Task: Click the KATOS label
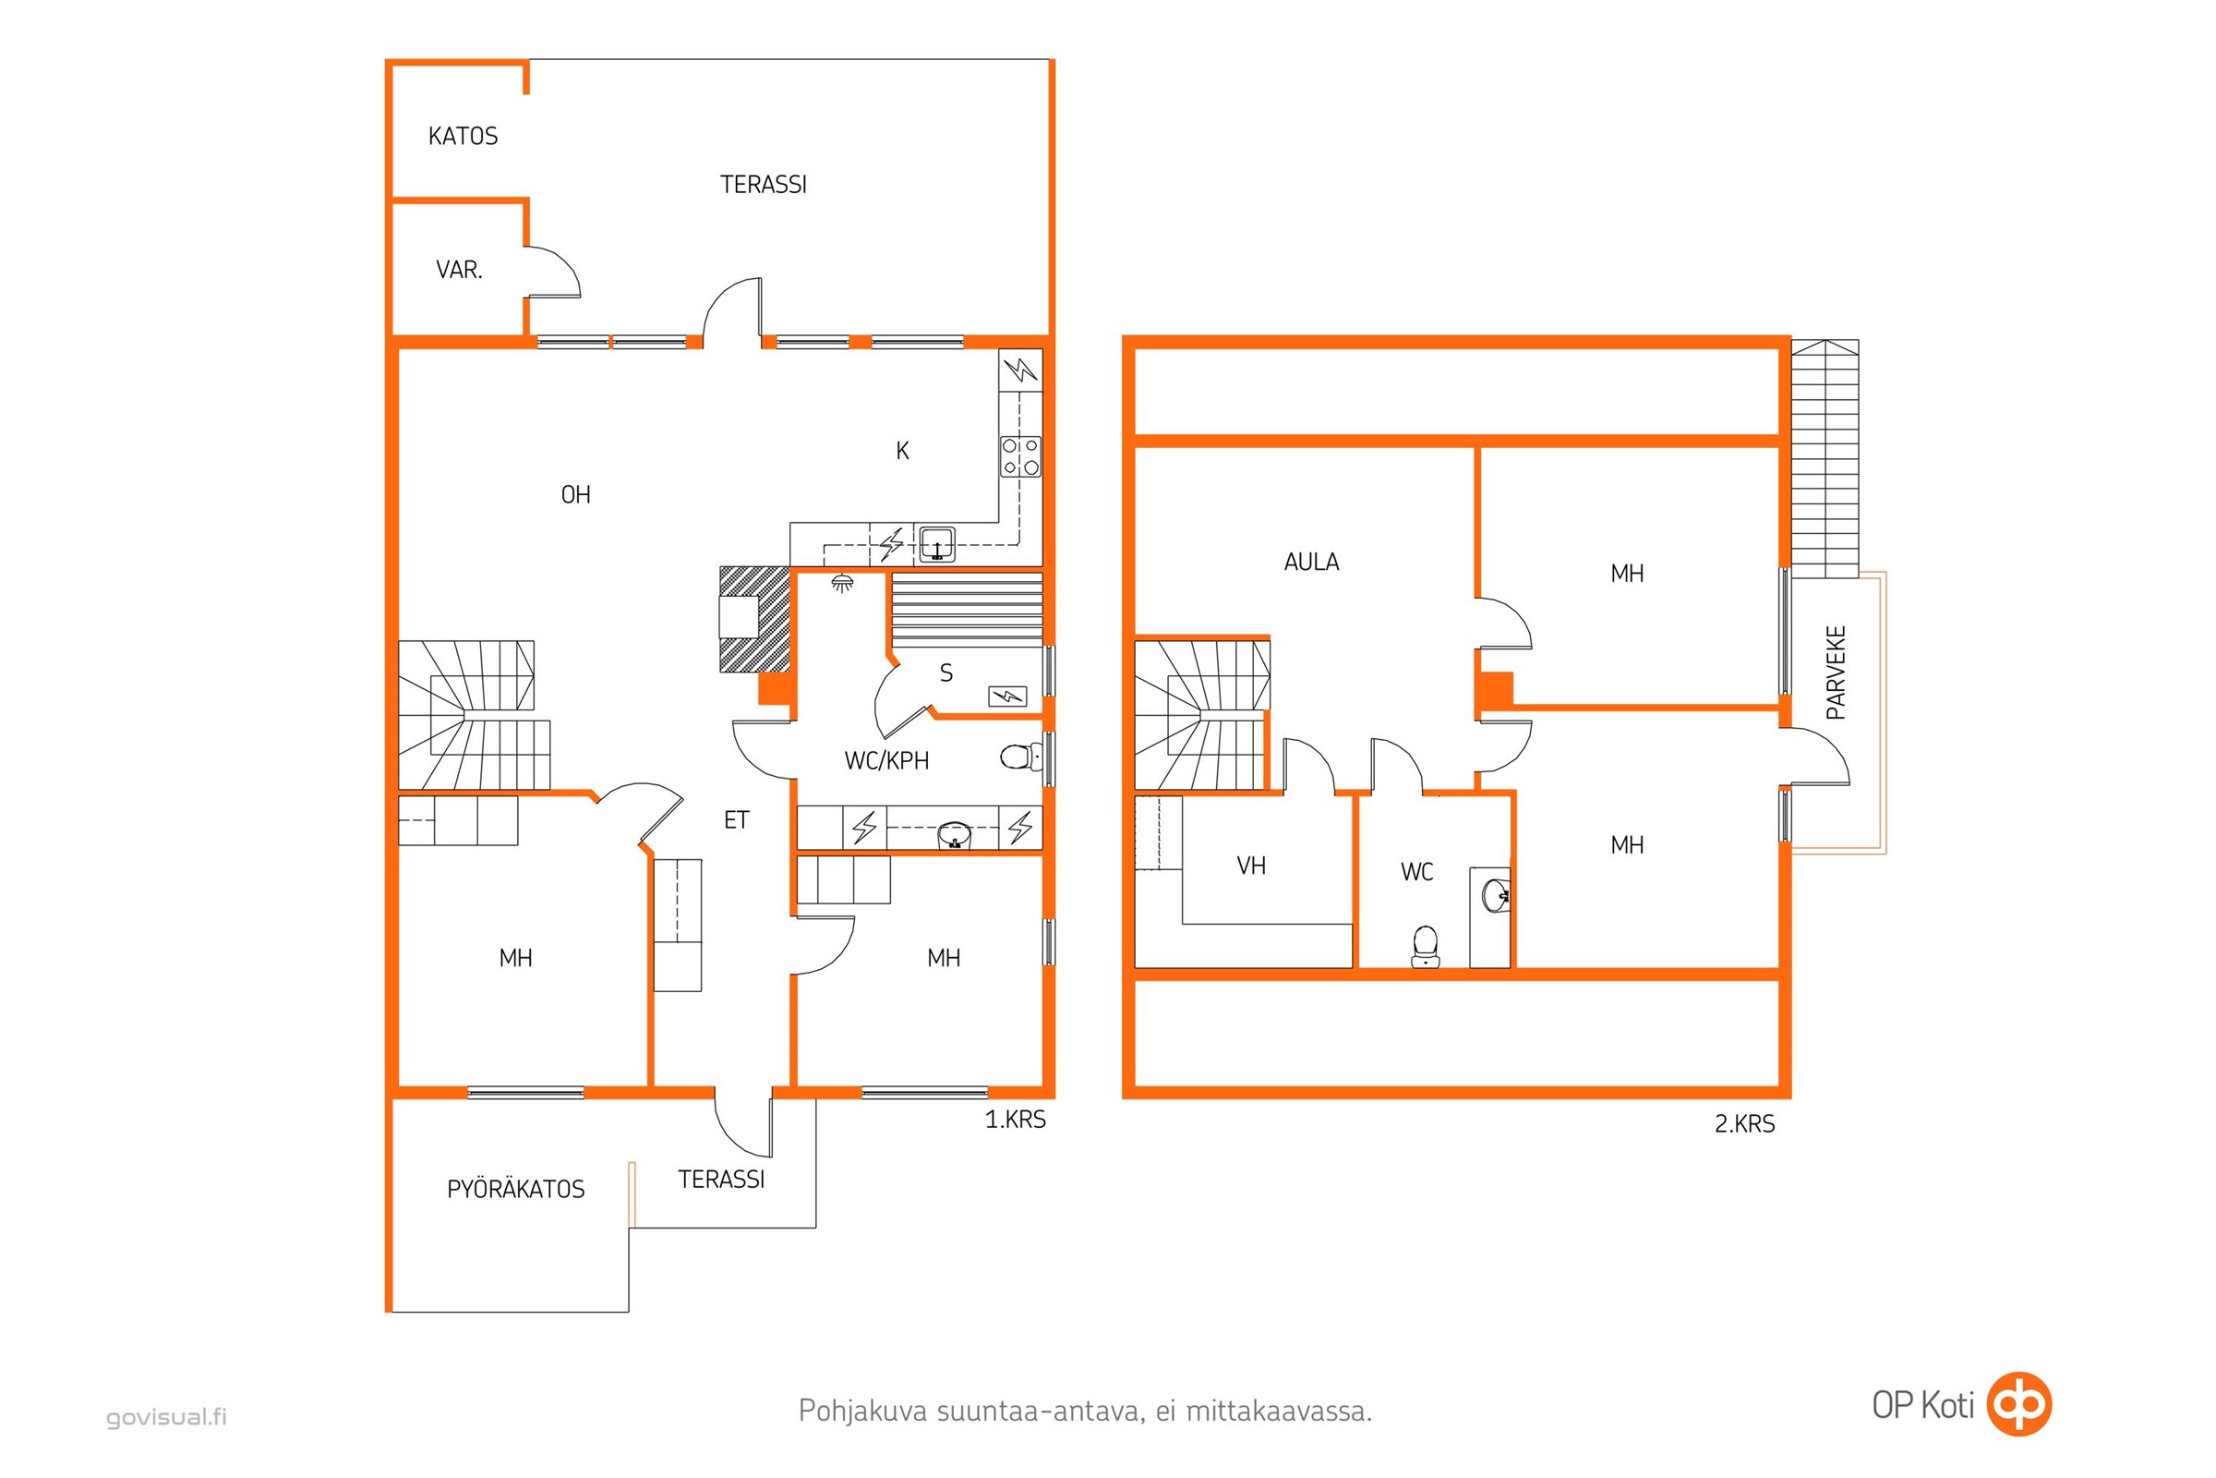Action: point(463,137)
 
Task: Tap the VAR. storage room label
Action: point(459,271)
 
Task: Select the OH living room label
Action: point(575,495)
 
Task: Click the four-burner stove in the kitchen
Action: point(1021,456)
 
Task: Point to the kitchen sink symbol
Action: point(937,545)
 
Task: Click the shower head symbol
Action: point(843,585)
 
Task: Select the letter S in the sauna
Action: point(945,673)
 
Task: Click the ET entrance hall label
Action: point(736,820)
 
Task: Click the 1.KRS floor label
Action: point(1015,1120)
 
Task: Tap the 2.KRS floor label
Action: point(1744,1124)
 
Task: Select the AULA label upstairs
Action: point(1311,563)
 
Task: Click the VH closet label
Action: point(1251,866)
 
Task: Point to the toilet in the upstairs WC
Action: point(1426,946)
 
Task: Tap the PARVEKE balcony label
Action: point(1836,673)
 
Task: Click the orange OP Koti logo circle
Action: point(2019,1405)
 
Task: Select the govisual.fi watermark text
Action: point(167,1417)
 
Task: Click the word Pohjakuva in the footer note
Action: point(862,1412)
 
